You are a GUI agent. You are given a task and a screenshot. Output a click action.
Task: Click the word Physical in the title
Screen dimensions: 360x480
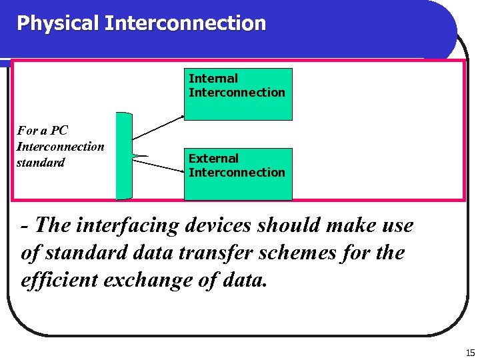click(58, 23)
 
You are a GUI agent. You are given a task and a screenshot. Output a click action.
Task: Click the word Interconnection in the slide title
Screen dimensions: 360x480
click(185, 23)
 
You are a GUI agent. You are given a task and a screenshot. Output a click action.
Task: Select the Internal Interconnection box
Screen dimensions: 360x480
click(238, 94)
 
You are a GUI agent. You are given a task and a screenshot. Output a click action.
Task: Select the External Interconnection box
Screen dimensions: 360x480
click(238, 174)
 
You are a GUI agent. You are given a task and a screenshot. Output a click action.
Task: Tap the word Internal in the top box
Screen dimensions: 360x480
click(213, 79)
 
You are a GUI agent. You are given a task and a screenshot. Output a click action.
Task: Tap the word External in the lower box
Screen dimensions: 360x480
click(213, 159)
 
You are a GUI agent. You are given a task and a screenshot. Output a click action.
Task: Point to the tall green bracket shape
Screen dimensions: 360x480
click(124, 156)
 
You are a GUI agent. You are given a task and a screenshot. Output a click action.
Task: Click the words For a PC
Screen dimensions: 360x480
click(42, 130)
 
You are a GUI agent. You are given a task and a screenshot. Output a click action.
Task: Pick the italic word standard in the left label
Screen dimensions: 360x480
click(41, 162)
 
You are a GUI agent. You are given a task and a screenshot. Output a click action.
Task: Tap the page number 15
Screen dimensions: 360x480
click(470, 353)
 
